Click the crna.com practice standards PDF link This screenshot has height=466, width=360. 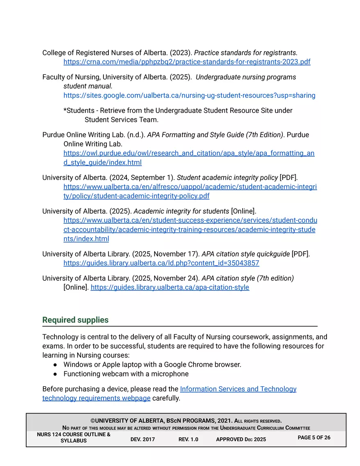[187, 62]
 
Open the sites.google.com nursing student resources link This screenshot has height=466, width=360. [189, 95]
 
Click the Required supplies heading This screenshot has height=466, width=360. [75, 320]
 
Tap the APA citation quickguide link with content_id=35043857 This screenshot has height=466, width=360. [161, 263]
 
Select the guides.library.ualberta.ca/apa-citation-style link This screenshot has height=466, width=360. [169, 287]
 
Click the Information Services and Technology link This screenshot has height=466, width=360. [238, 389]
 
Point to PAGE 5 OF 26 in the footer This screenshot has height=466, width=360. [314, 438]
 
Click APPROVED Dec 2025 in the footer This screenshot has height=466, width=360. [241, 439]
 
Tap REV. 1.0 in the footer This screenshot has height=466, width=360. [188, 439]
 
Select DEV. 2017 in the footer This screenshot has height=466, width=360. [142, 439]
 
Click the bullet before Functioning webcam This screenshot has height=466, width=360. [55, 374]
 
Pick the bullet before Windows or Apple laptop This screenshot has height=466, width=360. [55, 365]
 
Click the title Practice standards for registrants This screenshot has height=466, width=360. [245, 53]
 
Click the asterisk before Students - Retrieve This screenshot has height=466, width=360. [65, 111]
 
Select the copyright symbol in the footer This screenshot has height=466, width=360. [93, 421]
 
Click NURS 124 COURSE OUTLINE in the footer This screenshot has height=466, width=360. [74, 434]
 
